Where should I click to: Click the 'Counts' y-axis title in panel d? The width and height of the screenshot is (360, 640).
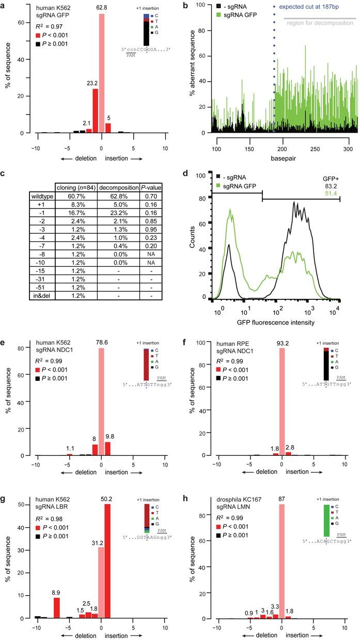192,242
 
